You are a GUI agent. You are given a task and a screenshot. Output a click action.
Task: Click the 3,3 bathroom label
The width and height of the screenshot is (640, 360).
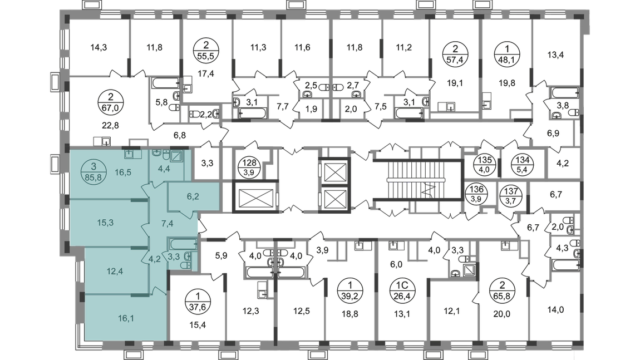[x=173, y=257]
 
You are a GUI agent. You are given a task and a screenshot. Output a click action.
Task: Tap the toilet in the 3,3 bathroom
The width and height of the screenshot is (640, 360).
[x=188, y=258]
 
